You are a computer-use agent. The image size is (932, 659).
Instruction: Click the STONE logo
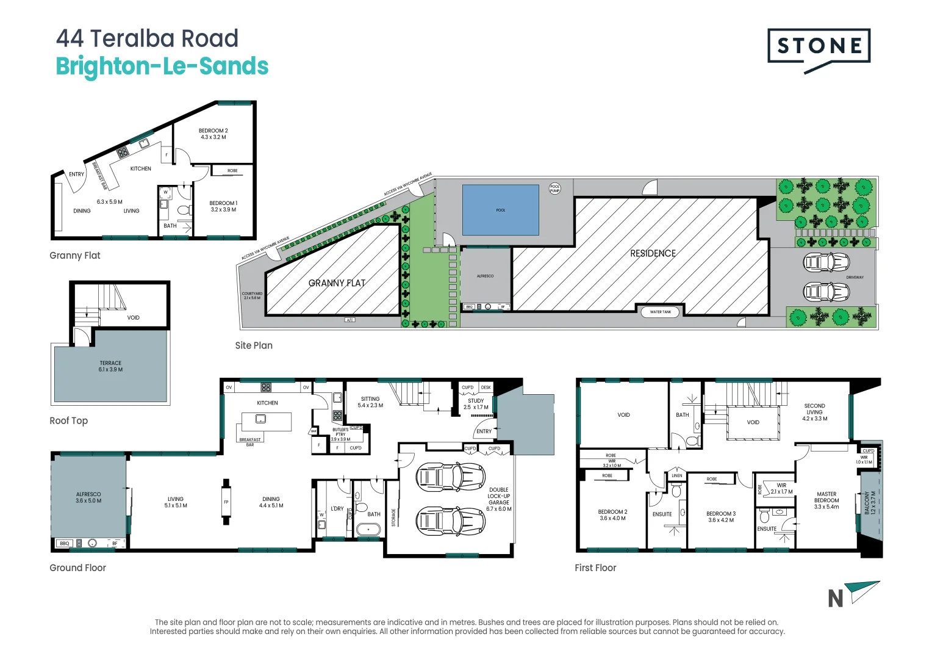819,46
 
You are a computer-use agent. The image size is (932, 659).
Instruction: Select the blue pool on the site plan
500,210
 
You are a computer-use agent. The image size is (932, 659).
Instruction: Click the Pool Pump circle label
554,189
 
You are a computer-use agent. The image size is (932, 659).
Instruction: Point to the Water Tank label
660,312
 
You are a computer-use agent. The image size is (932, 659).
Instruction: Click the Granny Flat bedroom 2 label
213,134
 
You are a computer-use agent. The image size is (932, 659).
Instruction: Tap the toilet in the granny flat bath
184,211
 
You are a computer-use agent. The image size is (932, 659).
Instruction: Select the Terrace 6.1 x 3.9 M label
110,366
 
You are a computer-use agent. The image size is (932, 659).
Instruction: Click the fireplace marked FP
226,502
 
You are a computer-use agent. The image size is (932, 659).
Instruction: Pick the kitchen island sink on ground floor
260,419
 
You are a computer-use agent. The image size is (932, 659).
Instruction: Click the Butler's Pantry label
340,434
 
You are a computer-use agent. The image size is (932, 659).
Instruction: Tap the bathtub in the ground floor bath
368,529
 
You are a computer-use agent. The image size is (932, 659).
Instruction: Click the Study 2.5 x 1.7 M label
476,404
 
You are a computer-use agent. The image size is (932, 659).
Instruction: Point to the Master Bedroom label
826,500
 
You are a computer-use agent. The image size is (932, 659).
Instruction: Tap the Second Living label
814,412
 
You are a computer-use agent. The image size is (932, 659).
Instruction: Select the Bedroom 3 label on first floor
721,517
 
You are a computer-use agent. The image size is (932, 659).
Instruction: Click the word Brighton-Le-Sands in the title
162,66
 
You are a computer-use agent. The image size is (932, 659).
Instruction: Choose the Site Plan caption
254,345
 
